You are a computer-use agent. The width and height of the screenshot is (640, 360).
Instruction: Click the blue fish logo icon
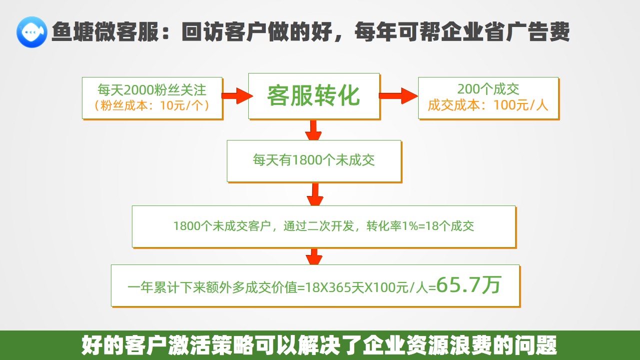pos(31,32)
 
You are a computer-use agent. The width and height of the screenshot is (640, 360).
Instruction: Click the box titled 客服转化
pos(314,96)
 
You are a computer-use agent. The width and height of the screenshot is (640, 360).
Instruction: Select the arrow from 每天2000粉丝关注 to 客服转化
pos(237,96)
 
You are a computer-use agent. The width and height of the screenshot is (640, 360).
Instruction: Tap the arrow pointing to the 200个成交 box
pos(398,96)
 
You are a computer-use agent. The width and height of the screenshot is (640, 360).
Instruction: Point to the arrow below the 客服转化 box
pos(313,130)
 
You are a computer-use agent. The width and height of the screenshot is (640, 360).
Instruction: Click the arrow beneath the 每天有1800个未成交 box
pos(315,194)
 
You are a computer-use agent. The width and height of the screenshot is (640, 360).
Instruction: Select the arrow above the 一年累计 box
pos(314,257)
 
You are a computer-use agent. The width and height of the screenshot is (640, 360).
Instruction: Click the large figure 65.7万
pos(469,285)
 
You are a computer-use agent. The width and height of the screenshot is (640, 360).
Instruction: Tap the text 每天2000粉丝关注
pos(152,90)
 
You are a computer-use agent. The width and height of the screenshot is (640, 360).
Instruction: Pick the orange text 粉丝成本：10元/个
pos(152,105)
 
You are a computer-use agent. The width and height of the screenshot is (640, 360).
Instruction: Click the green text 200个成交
pos(488,89)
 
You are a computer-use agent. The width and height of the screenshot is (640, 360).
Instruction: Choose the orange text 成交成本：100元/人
pos(488,105)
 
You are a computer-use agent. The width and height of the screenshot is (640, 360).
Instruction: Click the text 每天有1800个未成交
pos(314,160)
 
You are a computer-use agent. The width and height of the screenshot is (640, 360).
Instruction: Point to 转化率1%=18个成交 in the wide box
pos(420,226)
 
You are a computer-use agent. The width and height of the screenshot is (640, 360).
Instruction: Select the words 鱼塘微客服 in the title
pos(105,31)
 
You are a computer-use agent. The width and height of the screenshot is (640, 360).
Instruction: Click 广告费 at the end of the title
pos(538,31)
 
